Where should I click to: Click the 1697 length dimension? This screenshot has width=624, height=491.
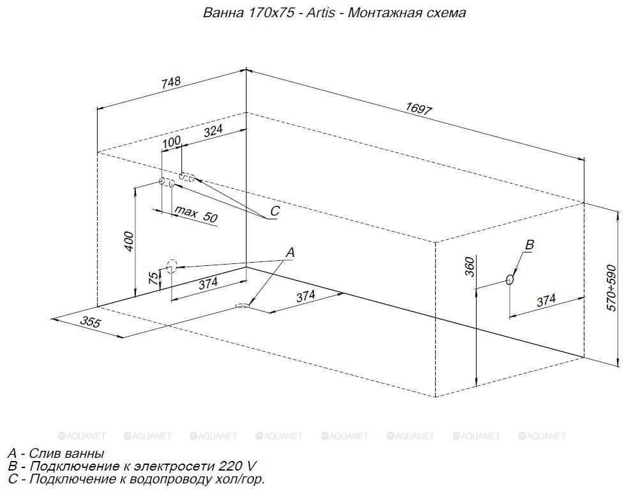coord(419,108)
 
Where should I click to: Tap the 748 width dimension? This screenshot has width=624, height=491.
coord(171,82)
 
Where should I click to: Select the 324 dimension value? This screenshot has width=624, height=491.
coord(213,131)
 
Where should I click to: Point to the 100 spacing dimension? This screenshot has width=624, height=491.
coord(172,142)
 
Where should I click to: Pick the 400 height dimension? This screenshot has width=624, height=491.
coord(130,241)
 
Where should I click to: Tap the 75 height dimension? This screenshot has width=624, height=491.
coord(153,278)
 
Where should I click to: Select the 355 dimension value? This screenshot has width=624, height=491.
coord(91,321)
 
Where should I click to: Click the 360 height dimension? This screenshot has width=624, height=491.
coord(470,267)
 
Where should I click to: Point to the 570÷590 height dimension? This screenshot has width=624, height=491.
coord(613,288)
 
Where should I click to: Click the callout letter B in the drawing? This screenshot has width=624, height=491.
coord(530,244)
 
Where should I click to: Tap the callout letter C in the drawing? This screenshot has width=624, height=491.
coord(274,210)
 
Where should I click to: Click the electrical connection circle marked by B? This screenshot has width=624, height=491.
coord(509,279)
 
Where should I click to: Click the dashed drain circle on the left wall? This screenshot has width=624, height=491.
coord(172,267)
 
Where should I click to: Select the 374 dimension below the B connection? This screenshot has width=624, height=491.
coord(546,300)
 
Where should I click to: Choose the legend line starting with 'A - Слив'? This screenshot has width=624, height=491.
coord(56,453)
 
